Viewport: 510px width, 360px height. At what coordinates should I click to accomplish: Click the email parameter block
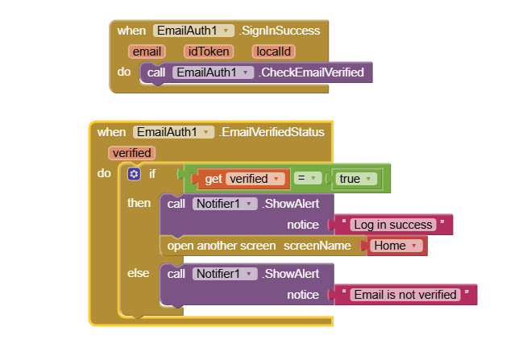click(147, 52)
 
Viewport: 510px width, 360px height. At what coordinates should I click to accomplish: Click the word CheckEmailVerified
click(311, 72)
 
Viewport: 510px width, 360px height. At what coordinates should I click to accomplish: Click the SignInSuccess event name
click(280, 31)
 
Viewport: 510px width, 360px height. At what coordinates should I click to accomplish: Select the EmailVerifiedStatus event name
click(272, 132)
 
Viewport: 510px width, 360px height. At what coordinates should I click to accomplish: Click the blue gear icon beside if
click(134, 174)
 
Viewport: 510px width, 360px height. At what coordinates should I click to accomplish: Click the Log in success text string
click(392, 225)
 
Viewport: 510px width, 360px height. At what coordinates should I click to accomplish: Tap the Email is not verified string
click(405, 295)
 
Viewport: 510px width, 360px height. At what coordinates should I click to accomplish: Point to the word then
click(139, 203)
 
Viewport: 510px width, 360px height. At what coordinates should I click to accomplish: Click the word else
click(139, 273)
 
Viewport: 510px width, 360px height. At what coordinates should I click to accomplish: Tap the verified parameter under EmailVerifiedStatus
click(132, 152)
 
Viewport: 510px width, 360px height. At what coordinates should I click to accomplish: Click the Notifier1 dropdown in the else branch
click(224, 274)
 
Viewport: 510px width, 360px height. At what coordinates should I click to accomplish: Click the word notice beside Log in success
click(303, 225)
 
